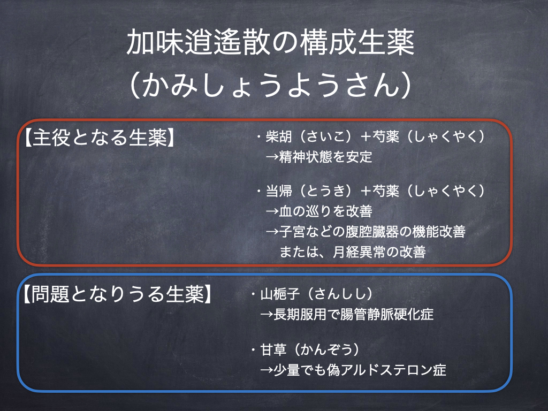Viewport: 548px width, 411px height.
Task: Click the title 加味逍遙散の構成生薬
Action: (270, 43)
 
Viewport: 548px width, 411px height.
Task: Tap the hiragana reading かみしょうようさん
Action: (270, 85)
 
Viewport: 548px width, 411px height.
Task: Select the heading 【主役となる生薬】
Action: (98, 138)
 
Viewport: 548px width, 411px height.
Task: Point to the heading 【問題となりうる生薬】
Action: (117, 294)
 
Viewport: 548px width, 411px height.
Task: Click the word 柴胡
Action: (278, 136)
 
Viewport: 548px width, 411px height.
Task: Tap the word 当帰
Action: (278, 191)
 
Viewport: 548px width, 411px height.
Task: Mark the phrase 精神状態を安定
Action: (325, 157)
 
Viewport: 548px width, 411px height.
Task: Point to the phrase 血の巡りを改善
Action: (325, 211)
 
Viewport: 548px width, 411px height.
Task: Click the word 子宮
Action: (292, 232)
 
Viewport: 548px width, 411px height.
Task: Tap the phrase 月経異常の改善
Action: (379, 252)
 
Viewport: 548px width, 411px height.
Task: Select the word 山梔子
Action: (280, 294)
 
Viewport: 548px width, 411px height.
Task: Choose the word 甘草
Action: (273, 349)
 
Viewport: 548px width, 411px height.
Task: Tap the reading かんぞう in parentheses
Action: (326, 349)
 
